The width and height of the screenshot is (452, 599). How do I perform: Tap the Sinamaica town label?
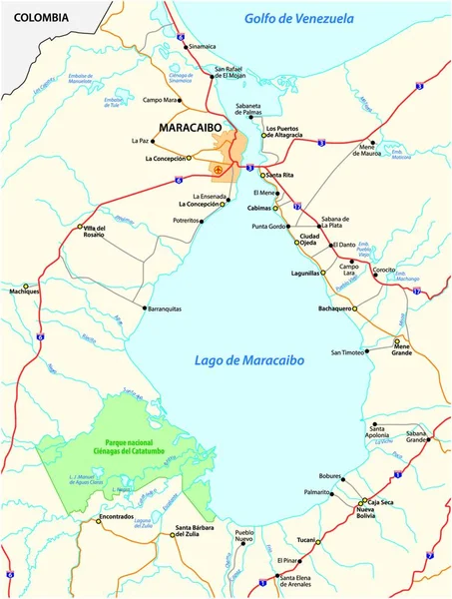pos(199,46)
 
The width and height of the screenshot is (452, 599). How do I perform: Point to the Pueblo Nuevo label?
pos(250,536)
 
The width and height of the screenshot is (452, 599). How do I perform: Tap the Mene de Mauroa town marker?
pos(372,142)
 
